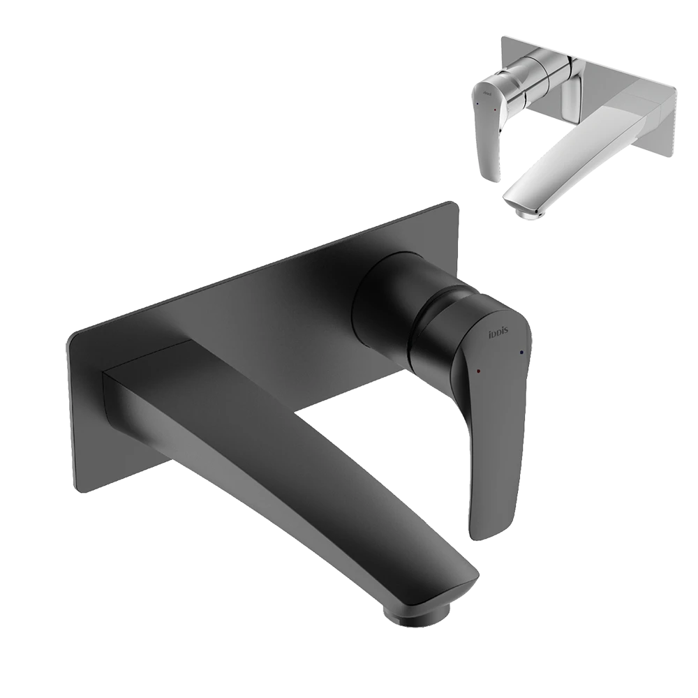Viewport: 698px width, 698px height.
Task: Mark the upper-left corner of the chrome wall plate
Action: coord(501,38)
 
